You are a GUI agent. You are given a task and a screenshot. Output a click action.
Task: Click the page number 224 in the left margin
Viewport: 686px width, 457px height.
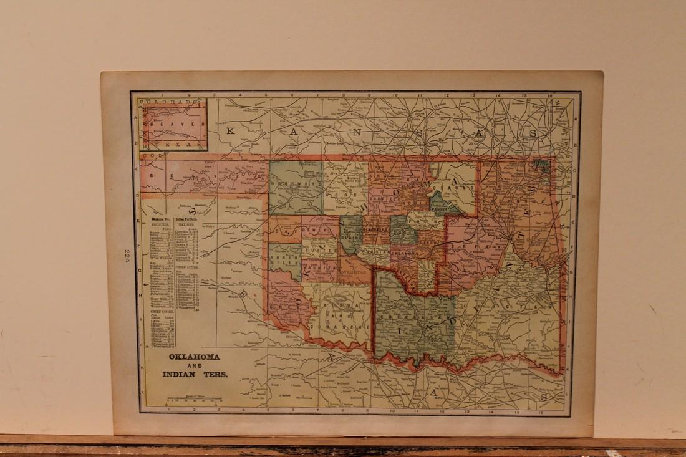(x=127, y=256)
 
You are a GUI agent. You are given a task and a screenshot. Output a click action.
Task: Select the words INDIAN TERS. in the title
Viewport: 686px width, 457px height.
(x=196, y=375)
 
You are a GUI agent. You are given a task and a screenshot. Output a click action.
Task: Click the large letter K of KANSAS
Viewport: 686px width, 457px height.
(x=231, y=130)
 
